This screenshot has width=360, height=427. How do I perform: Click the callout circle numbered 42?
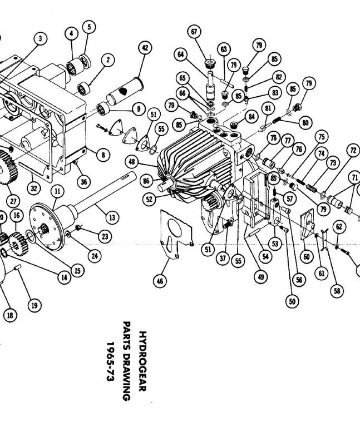coord(145,48)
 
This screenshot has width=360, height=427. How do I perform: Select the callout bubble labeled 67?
coord(194,32)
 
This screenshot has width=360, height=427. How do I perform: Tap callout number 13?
coord(112,217)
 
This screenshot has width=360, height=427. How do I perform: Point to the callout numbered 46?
coord(160,281)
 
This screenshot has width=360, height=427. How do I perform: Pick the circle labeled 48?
coord(132,162)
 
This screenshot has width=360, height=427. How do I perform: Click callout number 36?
coord(83,182)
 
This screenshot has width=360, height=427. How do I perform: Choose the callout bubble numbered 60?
coord(307,257)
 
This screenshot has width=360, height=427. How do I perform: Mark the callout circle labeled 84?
coord(251,117)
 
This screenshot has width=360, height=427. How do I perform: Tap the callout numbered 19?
coord(34,305)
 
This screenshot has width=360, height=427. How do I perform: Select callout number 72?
coord(353,150)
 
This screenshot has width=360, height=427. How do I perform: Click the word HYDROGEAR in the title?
coord(143,361)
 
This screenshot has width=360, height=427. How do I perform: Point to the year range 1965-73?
coord(110,361)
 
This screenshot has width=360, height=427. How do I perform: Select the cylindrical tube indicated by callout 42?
coord(124,91)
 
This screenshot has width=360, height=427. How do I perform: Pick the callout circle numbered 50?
coord(292,301)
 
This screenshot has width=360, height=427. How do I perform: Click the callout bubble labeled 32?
coord(34,188)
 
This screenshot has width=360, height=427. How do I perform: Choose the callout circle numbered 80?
coord(305,123)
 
